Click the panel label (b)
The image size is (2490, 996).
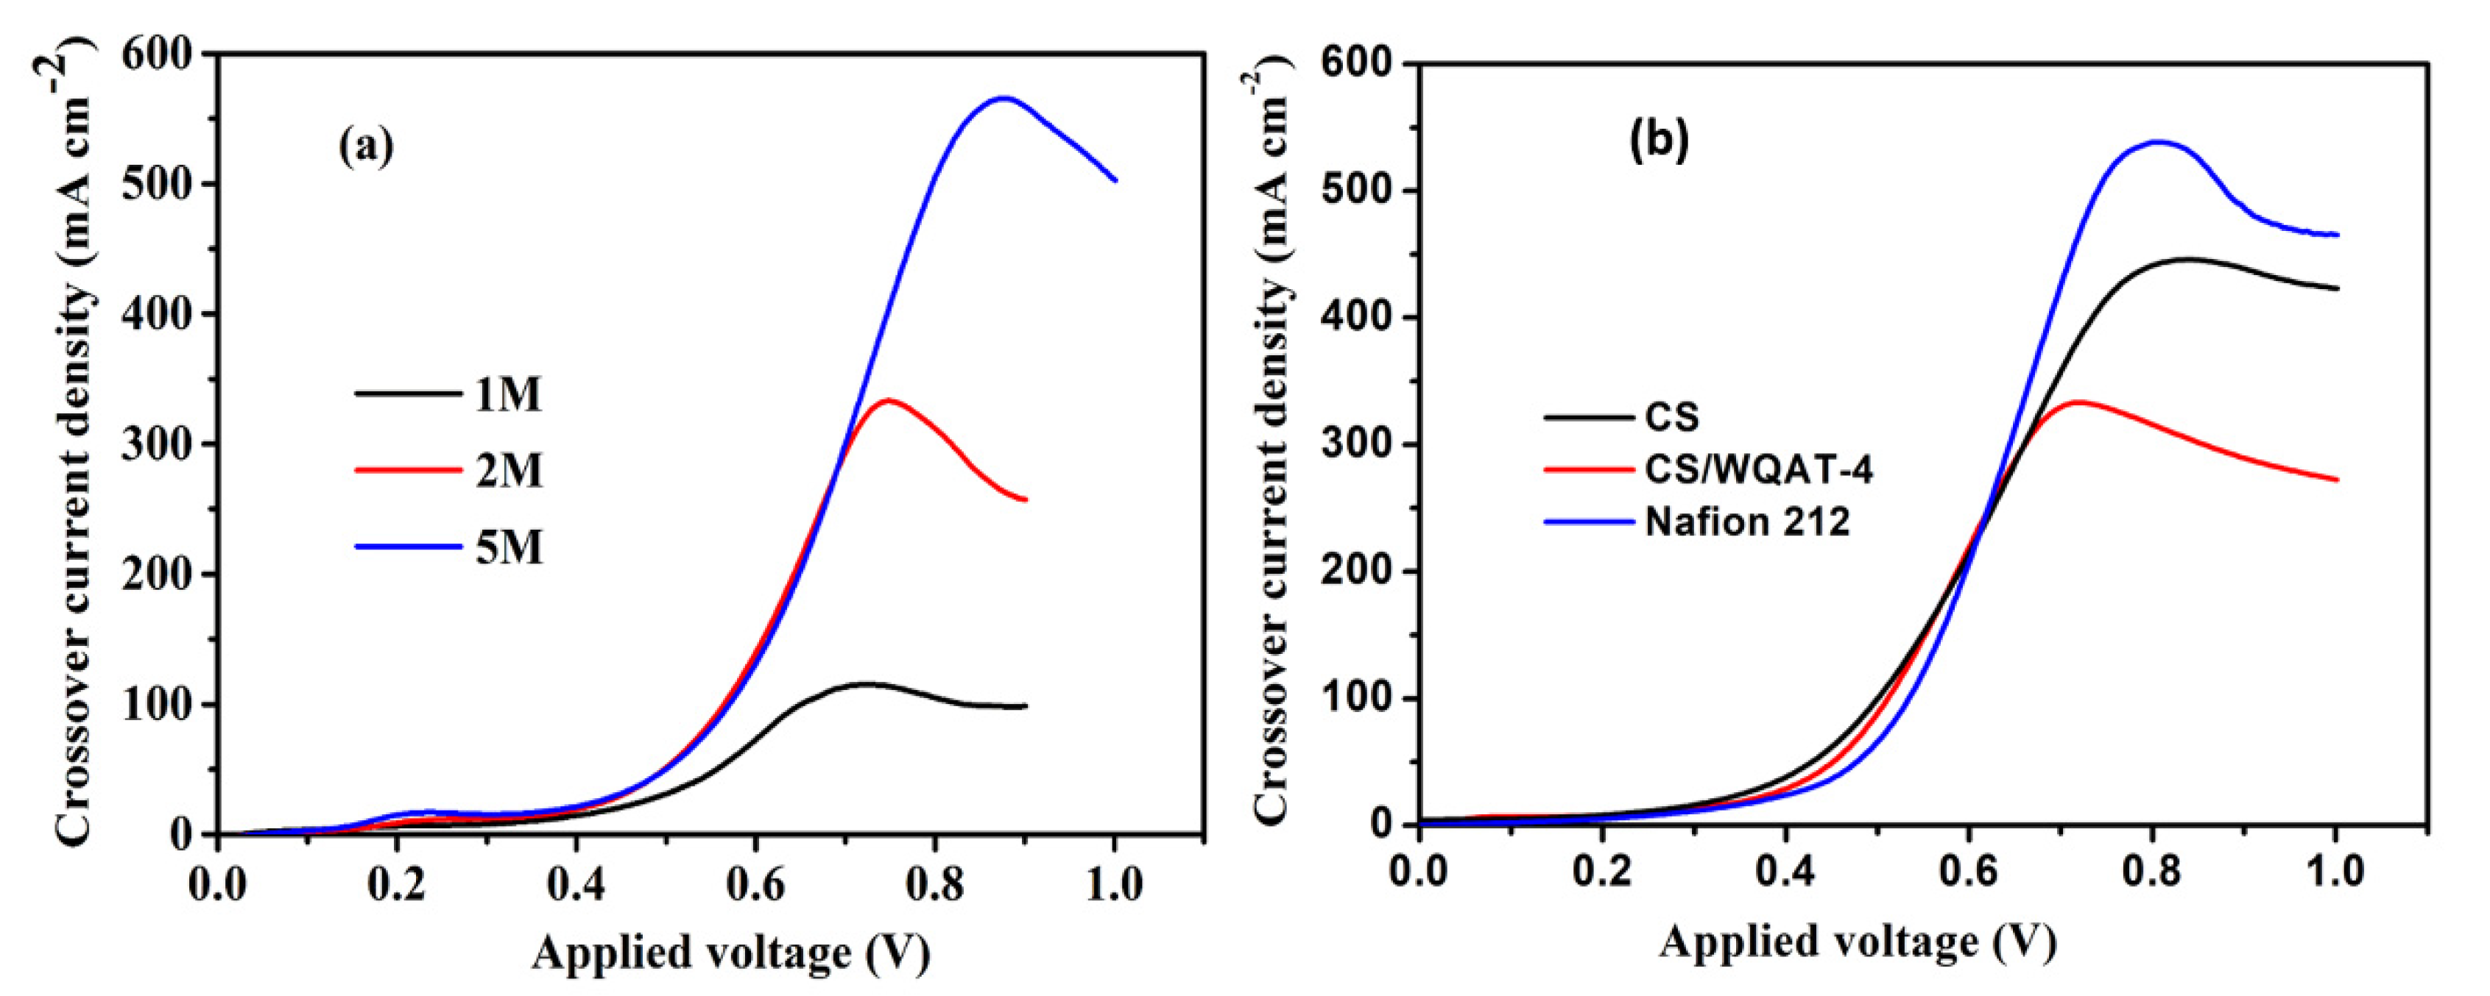point(1659,141)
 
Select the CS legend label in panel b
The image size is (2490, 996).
point(1672,417)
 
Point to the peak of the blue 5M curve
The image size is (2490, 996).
point(1004,98)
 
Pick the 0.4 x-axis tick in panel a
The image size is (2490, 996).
point(576,885)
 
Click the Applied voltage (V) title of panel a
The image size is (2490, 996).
point(731,955)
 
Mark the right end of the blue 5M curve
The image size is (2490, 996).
point(1115,179)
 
